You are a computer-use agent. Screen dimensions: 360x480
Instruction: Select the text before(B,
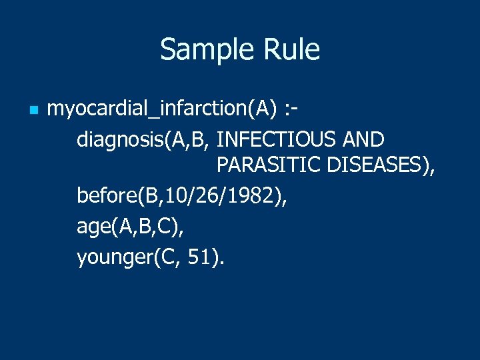117,197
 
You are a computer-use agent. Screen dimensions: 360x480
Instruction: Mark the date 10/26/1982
217,197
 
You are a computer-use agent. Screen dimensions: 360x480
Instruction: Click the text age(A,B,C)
130,227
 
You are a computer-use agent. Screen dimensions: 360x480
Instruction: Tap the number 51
199,257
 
